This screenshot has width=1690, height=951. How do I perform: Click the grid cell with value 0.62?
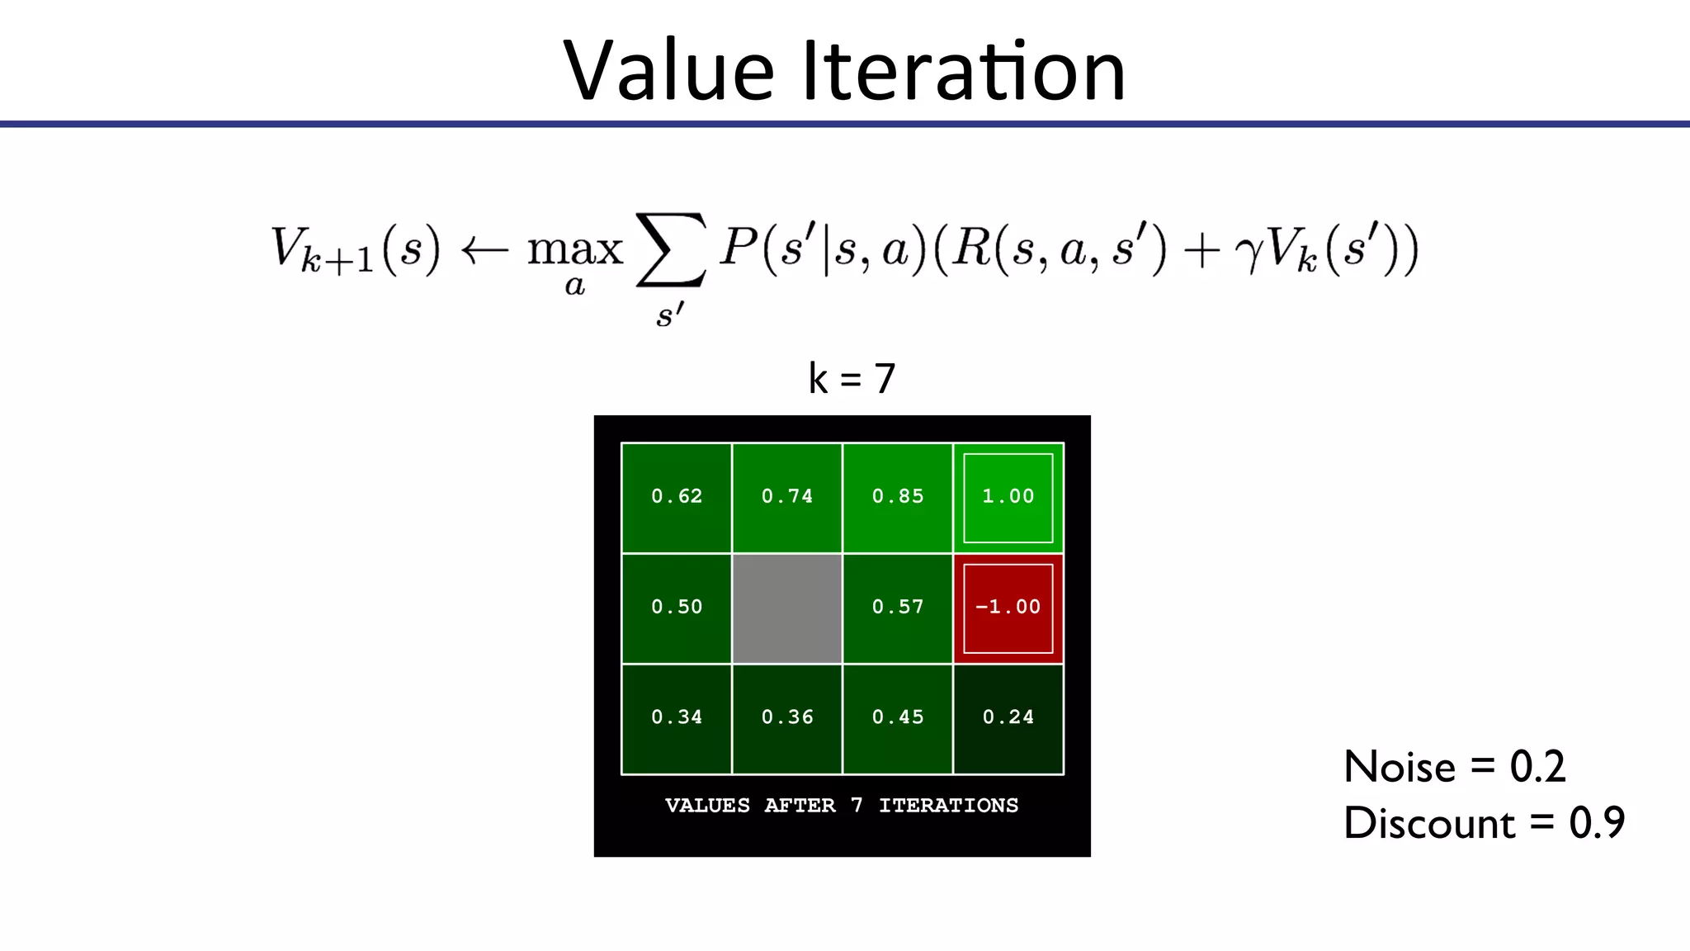pos(677,498)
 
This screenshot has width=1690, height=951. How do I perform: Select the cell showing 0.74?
pos(787,498)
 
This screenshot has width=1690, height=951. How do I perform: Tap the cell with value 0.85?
pos(898,498)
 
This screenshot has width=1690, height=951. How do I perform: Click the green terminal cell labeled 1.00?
pos(1008,498)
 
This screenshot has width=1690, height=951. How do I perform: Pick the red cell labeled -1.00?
pos(1008,608)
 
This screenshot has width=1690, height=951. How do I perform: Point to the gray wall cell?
pos(787,608)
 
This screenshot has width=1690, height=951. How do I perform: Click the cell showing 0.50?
pos(677,608)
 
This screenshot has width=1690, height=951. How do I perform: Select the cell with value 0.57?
pos(898,608)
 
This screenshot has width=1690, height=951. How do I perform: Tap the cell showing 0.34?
pos(677,719)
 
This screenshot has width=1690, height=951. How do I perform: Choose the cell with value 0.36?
pos(787,719)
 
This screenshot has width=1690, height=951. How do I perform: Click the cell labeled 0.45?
pos(898,719)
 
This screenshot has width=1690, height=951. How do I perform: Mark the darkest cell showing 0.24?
pos(1008,719)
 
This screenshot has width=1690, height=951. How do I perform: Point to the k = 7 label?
pos(852,379)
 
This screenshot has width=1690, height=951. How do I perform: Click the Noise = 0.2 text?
pos(1454,767)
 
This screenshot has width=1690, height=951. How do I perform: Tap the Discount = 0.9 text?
pos(1484,823)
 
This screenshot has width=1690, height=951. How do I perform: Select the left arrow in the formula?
pos(484,250)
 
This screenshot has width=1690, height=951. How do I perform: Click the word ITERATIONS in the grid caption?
pos(948,806)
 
